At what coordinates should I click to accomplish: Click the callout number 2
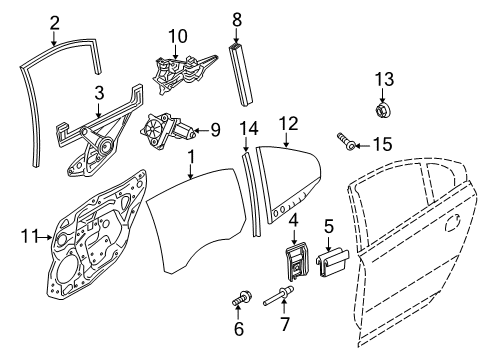pos(54,21)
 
